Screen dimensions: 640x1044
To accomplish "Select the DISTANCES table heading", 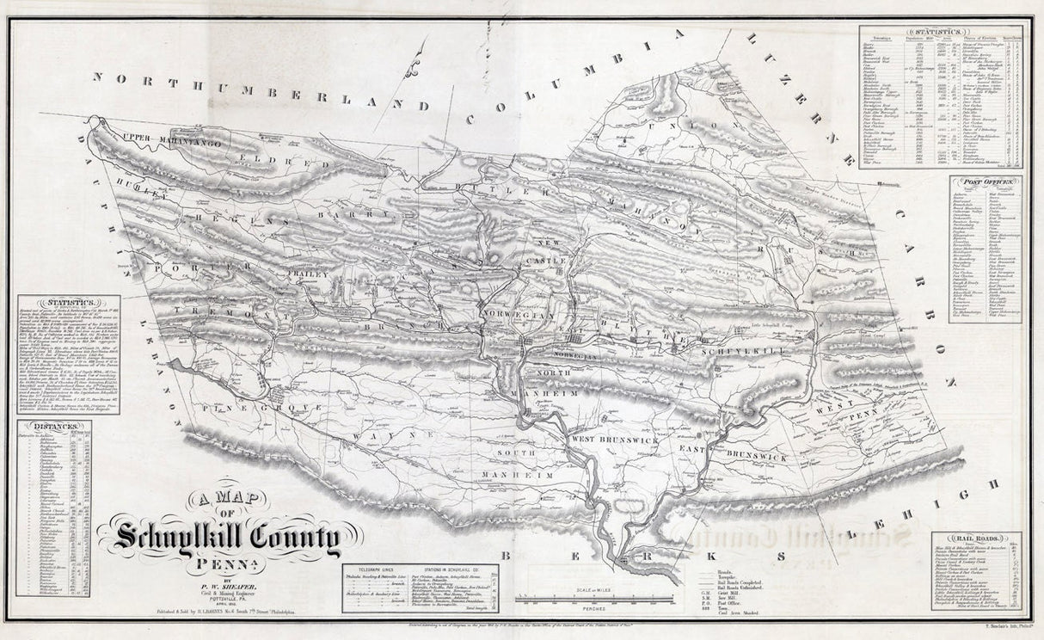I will pyautogui.click(x=53, y=426).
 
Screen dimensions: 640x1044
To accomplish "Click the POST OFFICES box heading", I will pyautogui.click(x=986, y=182).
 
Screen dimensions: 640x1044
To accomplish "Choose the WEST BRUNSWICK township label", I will pyautogui.click(x=615, y=440).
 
